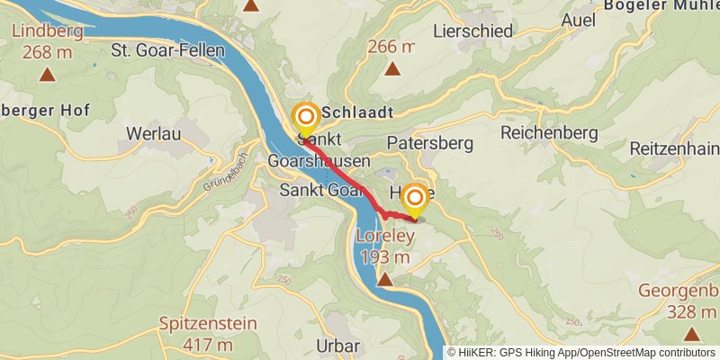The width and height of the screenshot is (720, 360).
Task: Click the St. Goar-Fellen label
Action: click(x=166, y=50)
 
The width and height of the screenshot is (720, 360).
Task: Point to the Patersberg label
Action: click(x=429, y=142)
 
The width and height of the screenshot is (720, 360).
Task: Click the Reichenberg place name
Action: click(x=549, y=132)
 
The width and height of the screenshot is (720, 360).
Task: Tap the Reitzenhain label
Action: click(x=673, y=148)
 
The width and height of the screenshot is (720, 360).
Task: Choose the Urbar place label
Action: click(x=338, y=346)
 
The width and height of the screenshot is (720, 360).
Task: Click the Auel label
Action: click(x=578, y=20)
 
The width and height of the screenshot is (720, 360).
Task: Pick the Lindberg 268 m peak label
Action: click(x=47, y=41)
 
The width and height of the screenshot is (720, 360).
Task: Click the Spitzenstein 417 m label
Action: click(x=208, y=333)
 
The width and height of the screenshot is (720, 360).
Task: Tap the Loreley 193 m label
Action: click(x=385, y=247)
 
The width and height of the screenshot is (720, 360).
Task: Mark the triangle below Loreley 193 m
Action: click(x=385, y=280)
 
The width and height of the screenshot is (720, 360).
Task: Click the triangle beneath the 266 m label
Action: click(x=392, y=68)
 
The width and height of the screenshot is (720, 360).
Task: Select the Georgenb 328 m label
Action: click(x=679, y=301)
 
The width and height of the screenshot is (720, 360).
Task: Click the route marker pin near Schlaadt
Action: click(x=306, y=118)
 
